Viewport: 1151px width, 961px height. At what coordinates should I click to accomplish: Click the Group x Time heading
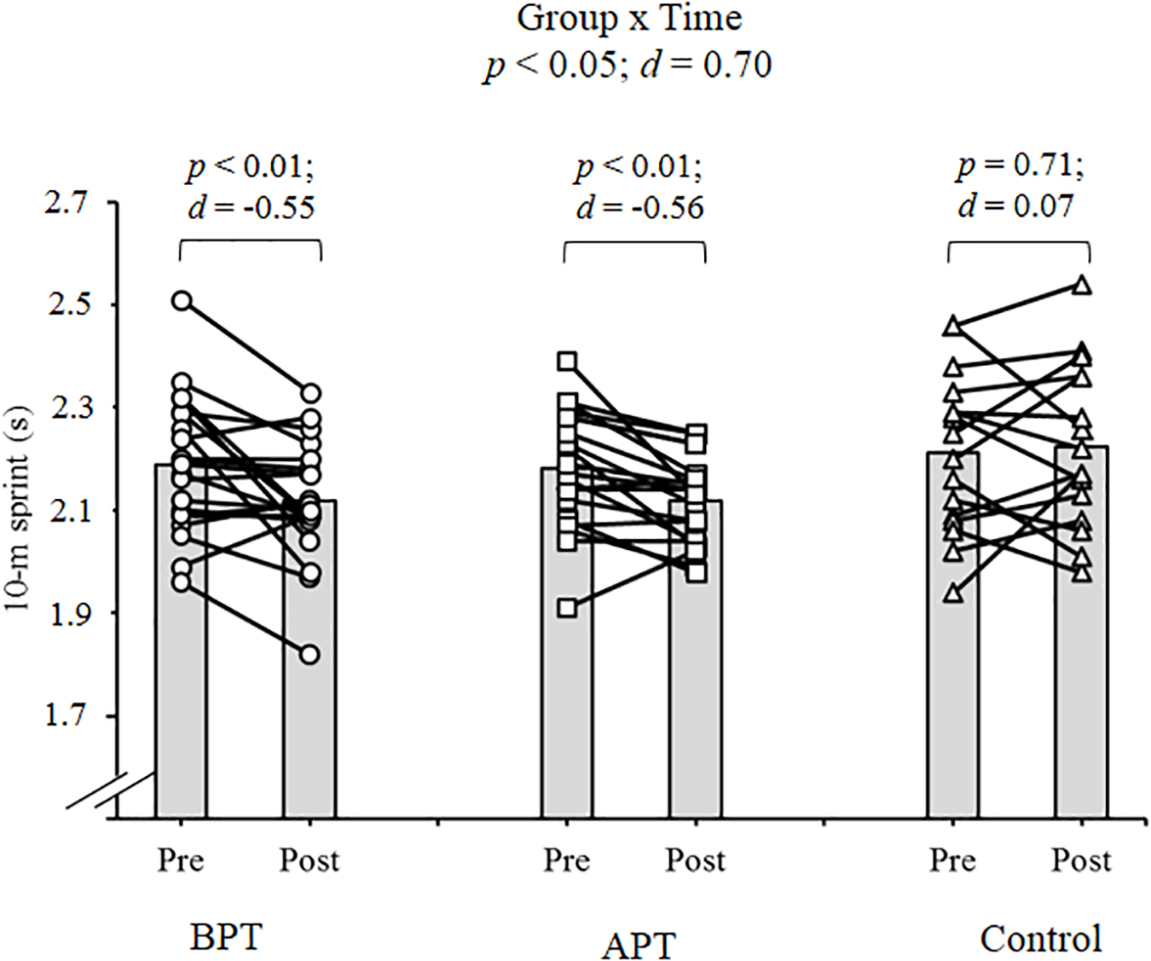click(x=629, y=19)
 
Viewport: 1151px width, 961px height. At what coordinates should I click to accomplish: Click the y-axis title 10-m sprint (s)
click(x=19, y=509)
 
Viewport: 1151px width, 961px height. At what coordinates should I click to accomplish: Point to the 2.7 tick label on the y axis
click(x=67, y=203)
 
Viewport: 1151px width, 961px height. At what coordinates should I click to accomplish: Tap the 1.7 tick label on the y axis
click(x=67, y=715)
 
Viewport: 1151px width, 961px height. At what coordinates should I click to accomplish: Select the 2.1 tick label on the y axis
click(x=67, y=510)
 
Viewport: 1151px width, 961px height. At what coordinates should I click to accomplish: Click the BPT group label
click(x=225, y=937)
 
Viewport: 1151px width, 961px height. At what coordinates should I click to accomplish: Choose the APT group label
click(x=639, y=946)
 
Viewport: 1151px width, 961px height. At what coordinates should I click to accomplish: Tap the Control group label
click(x=1040, y=939)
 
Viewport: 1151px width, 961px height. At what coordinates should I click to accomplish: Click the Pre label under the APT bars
click(x=567, y=860)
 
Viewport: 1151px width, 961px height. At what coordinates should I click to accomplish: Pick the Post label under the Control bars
click(x=1081, y=860)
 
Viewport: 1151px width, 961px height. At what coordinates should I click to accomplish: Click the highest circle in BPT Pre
click(x=182, y=300)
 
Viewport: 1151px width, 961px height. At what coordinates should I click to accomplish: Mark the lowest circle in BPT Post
click(x=309, y=655)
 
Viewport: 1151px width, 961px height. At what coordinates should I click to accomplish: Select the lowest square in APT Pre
click(x=567, y=608)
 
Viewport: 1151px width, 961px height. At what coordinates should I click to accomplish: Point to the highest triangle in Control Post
click(x=1082, y=286)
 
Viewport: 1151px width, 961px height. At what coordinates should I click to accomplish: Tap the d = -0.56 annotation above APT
click(x=639, y=207)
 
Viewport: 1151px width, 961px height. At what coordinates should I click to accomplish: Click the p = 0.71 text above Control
click(x=1020, y=164)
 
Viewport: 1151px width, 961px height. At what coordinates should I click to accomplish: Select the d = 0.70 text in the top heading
click(x=707, y=65)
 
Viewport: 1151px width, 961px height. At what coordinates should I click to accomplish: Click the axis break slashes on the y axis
click(x=98, y=790)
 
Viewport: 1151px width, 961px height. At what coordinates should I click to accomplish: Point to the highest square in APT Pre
click(x=567, y=362)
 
